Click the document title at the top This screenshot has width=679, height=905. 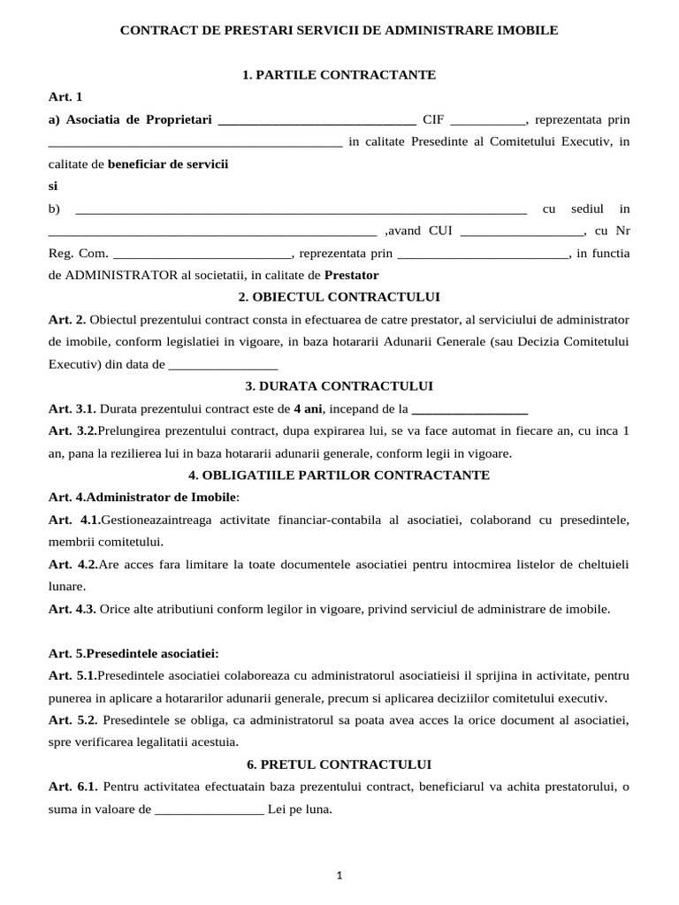click(339, 30)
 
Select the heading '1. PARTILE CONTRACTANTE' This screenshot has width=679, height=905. click(339, 75)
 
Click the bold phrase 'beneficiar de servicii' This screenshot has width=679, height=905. click(168, 164)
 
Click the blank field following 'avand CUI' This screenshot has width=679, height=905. click(522, 232)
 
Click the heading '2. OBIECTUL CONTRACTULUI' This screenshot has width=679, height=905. click(339, 297)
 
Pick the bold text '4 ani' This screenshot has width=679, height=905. click(309, 409)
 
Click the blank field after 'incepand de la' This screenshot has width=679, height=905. click(470, 409)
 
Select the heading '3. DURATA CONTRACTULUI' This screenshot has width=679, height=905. click(339, 386)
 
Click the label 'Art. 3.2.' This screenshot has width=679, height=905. click(72, 431)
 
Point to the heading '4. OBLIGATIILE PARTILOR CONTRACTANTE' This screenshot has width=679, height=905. click(339, 475)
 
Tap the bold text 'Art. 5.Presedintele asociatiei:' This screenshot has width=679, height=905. click(134, 653)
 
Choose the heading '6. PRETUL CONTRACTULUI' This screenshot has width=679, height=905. click(339, 764)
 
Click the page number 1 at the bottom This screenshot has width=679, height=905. click(339, 875)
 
